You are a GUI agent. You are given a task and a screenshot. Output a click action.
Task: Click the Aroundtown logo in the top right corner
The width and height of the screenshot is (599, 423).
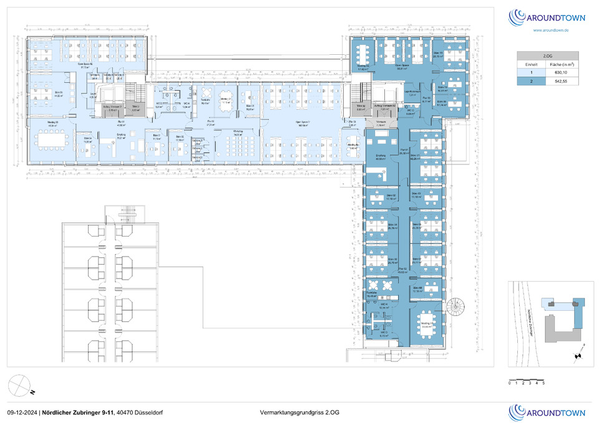[x=547, y=17]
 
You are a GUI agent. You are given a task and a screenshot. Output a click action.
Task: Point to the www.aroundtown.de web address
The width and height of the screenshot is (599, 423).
[x=550, y=30]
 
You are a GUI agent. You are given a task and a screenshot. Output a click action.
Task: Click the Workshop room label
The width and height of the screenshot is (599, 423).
[x=238, y=131]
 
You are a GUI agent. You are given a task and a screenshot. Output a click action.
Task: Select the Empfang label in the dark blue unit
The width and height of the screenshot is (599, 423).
[x=381, y=156]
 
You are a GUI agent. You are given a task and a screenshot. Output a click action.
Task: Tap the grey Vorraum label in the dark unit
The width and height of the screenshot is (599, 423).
[x=380, y=122]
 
